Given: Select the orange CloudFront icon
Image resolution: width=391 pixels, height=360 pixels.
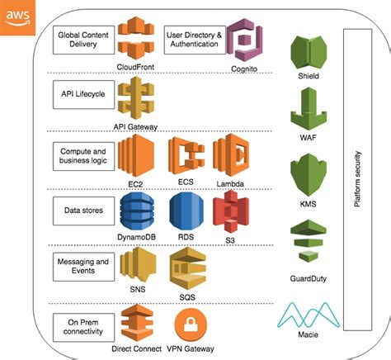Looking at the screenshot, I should (x=136, y=37).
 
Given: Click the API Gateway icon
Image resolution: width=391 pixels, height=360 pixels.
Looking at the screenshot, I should (x=136, y=99).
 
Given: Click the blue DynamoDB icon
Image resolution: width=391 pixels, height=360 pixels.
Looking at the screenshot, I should (x=136, y=209).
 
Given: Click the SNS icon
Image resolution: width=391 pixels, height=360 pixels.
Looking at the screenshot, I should (x=137, y=266).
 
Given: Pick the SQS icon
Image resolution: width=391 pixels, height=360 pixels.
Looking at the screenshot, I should (x=186, y=266).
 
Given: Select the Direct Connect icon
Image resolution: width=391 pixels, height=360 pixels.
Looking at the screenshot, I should (x=136, y=320).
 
